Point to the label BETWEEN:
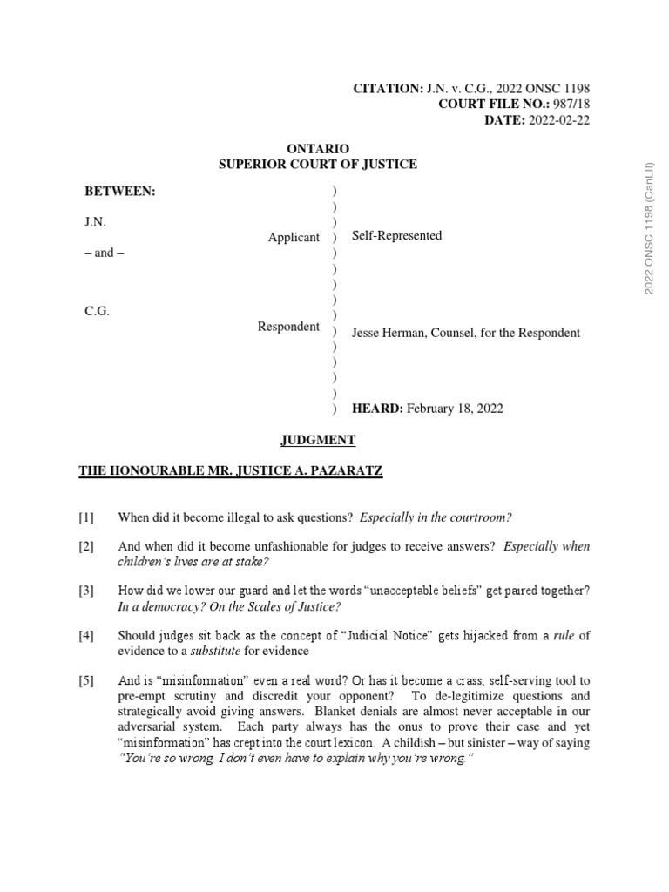tap(119, 191)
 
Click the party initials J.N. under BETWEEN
tap(95, 222)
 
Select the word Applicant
tap(294, 238)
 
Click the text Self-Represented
tap(396, 235)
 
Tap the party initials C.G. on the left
tap(96, 312)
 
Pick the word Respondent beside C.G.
tap(288, 327)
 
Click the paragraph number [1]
tap(86, 518)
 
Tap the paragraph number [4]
tap(86, 636)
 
